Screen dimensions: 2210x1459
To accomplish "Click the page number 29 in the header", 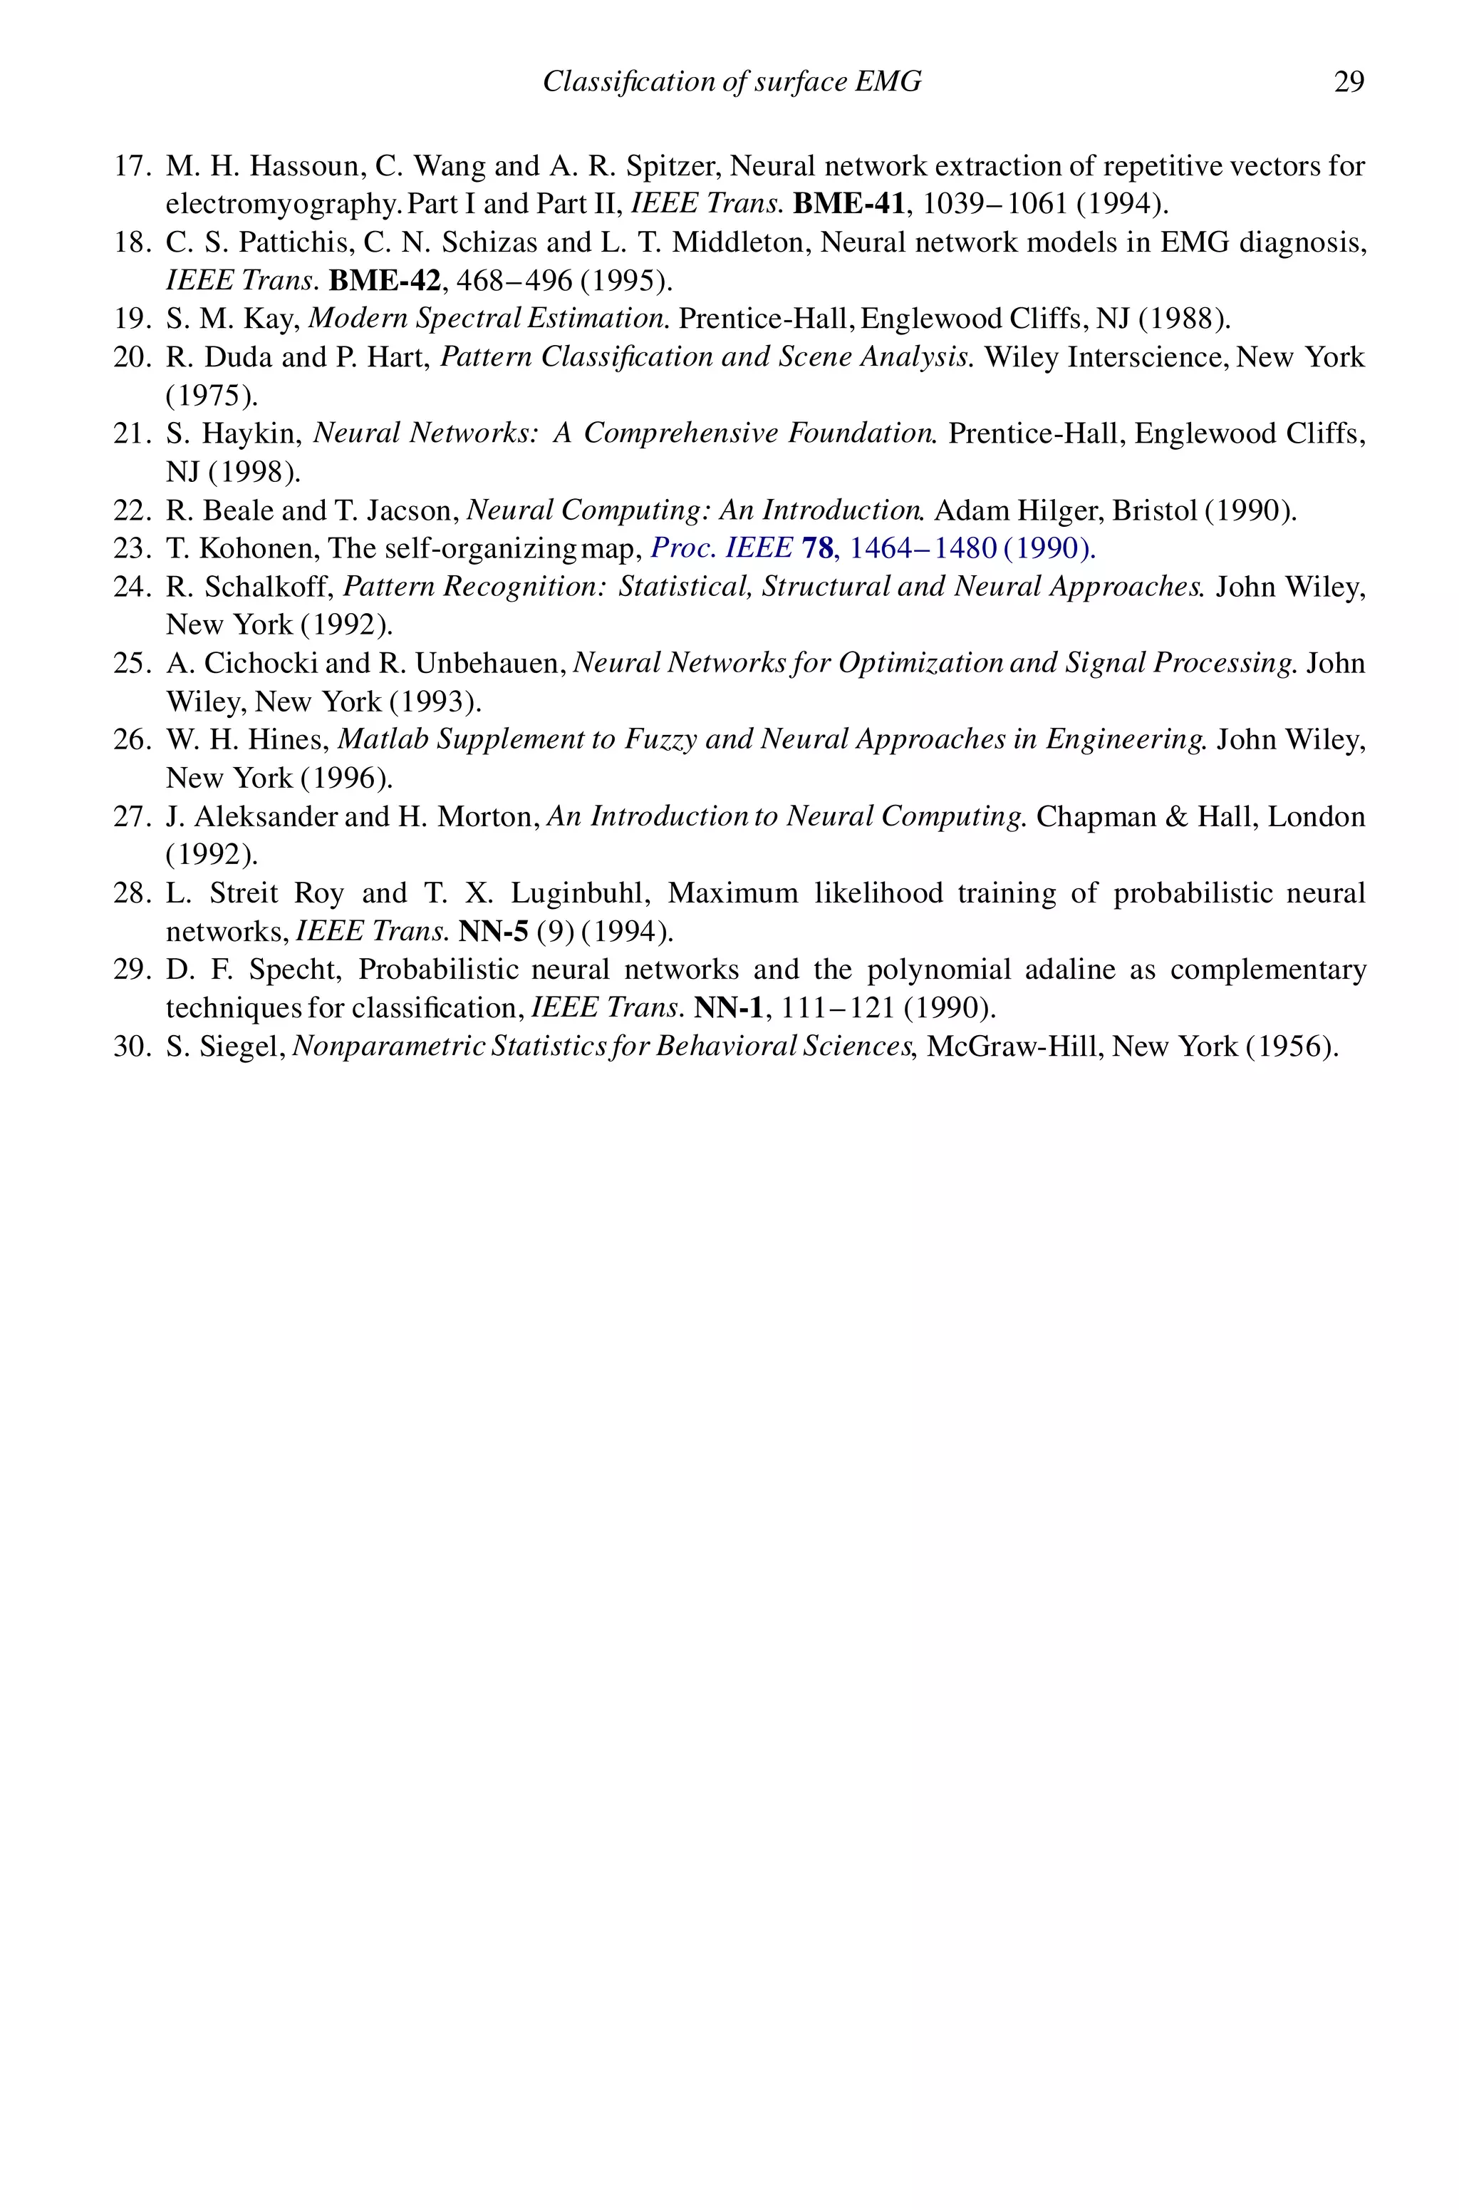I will (x=1349, y=82).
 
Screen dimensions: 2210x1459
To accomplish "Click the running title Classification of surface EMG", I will (x=732, y=82).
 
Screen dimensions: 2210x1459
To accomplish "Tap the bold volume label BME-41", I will (x=848, y=204).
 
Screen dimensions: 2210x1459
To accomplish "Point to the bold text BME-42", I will (x=384, y=280).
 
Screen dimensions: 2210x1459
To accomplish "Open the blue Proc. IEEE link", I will (x=721, y=548).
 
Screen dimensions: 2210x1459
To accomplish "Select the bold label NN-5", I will (x=493, y=931).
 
